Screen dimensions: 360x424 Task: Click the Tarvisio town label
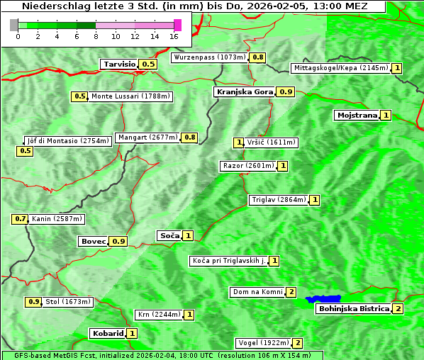118,64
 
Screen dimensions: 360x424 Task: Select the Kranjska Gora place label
244,91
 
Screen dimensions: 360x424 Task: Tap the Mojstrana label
357,115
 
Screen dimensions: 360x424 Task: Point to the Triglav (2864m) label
279,200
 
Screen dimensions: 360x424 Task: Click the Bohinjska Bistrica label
354,308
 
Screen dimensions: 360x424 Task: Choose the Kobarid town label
107,333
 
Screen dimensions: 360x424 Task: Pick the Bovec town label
93,241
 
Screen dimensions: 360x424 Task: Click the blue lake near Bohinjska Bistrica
323,299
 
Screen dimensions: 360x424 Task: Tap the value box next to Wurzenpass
258,57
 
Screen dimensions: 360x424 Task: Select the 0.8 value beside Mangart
189,137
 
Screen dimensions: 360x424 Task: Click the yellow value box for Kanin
20,219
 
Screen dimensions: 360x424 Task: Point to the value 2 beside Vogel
298,343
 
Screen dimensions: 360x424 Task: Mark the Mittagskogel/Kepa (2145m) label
340,68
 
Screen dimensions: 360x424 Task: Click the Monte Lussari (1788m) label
130,96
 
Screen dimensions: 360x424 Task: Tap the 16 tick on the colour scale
174,35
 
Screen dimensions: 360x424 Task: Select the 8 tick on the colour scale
96,35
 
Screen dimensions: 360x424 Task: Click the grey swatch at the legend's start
14,25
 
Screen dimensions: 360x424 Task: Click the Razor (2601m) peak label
247,166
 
